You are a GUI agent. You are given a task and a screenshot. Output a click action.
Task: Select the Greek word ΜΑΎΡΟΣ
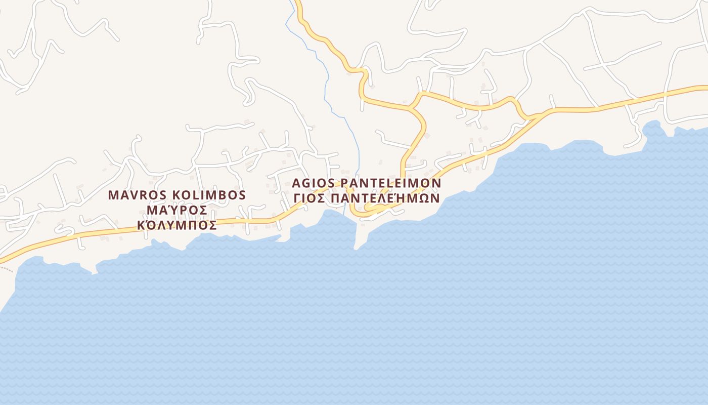click(x=176, y=210)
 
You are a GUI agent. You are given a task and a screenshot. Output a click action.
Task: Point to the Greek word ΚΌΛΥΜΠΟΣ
click(x=176, y=225)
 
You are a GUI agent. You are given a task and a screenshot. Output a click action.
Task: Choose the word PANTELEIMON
click(x=391, y=183)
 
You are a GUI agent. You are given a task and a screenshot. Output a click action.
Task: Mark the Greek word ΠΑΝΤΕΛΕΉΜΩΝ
click(x=385, y=198)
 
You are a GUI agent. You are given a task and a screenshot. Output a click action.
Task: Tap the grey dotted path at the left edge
click(x=6, y=268)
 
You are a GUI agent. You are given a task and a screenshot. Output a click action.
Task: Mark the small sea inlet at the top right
click(x=652, y=129)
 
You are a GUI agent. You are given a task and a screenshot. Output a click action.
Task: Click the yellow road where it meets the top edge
click(x=298, y=3)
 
